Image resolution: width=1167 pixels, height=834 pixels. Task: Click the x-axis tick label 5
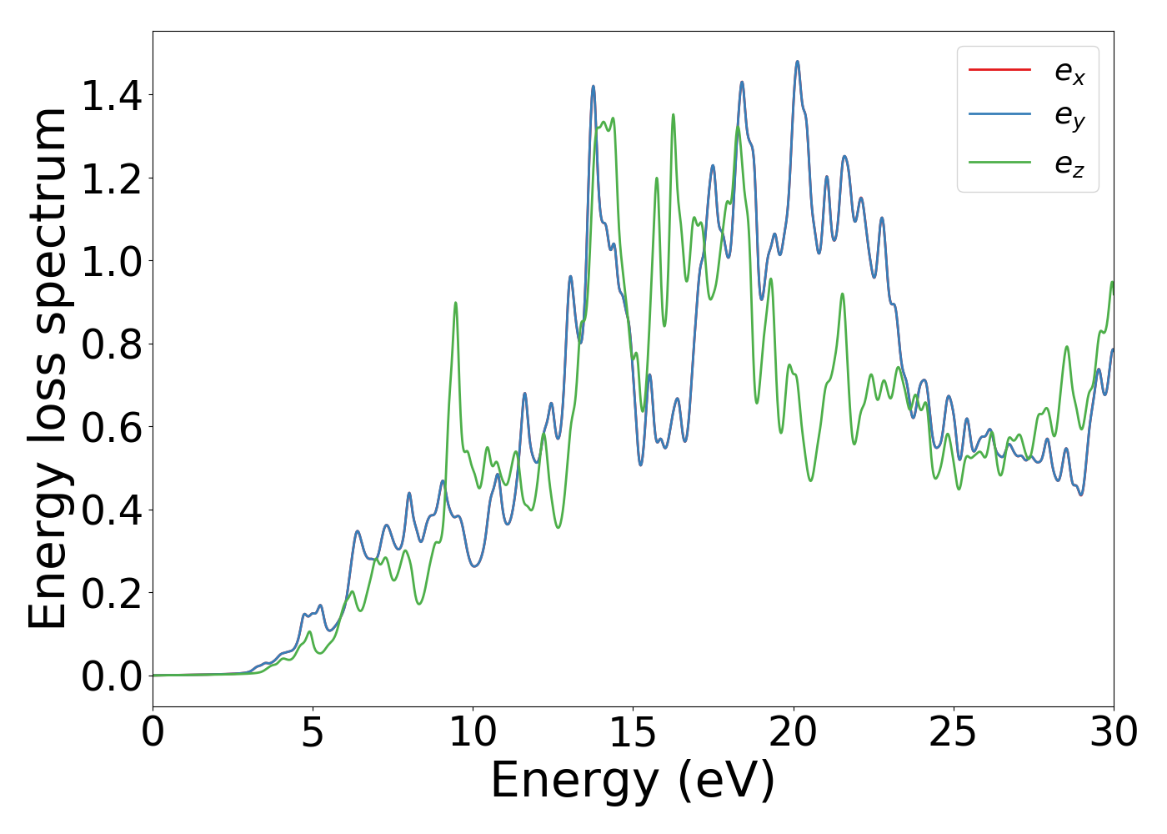point(313,733)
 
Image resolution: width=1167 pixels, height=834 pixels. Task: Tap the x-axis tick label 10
point(473,733)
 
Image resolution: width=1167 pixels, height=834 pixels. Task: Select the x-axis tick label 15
point(633,733)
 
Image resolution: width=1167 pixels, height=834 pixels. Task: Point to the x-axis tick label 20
point(793,733)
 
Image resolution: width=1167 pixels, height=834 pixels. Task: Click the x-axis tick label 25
point(953,733)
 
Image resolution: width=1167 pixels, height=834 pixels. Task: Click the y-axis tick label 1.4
point(112,96)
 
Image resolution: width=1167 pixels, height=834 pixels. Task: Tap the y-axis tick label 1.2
point(112,178)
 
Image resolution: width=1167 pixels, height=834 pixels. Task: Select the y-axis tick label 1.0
point(112,261)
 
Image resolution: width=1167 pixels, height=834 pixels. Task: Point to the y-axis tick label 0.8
point(112,344)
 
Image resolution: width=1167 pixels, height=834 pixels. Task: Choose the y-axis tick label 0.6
point(112,427)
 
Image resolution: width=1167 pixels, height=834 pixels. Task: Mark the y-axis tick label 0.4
point(112,510)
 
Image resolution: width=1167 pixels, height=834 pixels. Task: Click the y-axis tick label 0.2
point(112,593)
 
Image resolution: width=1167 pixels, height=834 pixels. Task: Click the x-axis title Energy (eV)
point(633,782)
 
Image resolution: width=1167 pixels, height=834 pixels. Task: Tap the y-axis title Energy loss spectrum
point(48,368)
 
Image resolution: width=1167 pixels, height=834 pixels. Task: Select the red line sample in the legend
point(999,69)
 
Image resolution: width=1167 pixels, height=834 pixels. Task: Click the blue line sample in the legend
point(999,116)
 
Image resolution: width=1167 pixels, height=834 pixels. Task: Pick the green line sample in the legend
point(999,162)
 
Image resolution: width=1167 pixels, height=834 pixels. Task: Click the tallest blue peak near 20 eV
point(797,62)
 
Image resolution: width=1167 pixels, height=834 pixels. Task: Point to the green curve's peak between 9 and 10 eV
point(455,303)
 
